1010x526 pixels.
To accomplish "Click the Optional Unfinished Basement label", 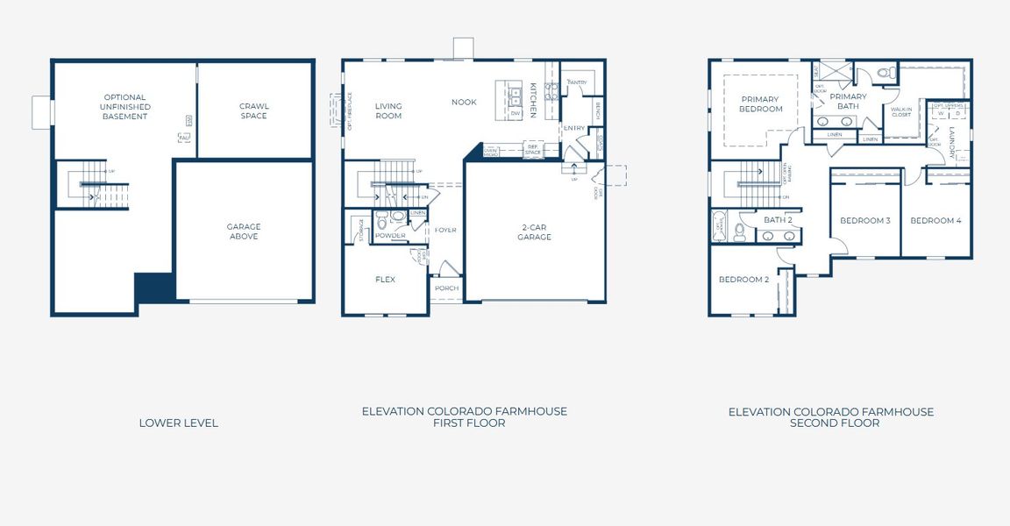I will click(x=124, y=107).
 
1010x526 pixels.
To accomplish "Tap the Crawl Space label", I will click(x=253, y=111).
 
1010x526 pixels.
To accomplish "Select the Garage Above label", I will click(x=244, y=231).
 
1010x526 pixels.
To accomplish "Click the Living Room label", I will click(x=388, y=111).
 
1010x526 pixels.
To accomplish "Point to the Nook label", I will click(x=464, y=103).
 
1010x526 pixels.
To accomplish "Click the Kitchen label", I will click(x=533, y=101).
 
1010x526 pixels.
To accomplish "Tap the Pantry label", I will click(x=577, y=82).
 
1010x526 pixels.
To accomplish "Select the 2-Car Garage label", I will click(x=534, y=231).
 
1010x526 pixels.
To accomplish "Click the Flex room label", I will click(x=385, y=280).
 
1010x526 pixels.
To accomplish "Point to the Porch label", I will click(x=446, y=288).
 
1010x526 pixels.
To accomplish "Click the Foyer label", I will click(x=445, y=231).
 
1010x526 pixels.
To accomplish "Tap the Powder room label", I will click(x=391, y=236).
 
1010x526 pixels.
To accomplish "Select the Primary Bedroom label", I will click(x=761, y=104).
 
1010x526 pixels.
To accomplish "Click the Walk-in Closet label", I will click(x=901, y=112).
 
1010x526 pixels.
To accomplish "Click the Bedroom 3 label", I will click(x=864, y=221).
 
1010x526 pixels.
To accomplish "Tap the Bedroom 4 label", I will click(x=935, y=221).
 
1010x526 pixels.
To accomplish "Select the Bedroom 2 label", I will click(x=743, y=280).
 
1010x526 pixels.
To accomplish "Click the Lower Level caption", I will click(x=179, y=423).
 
